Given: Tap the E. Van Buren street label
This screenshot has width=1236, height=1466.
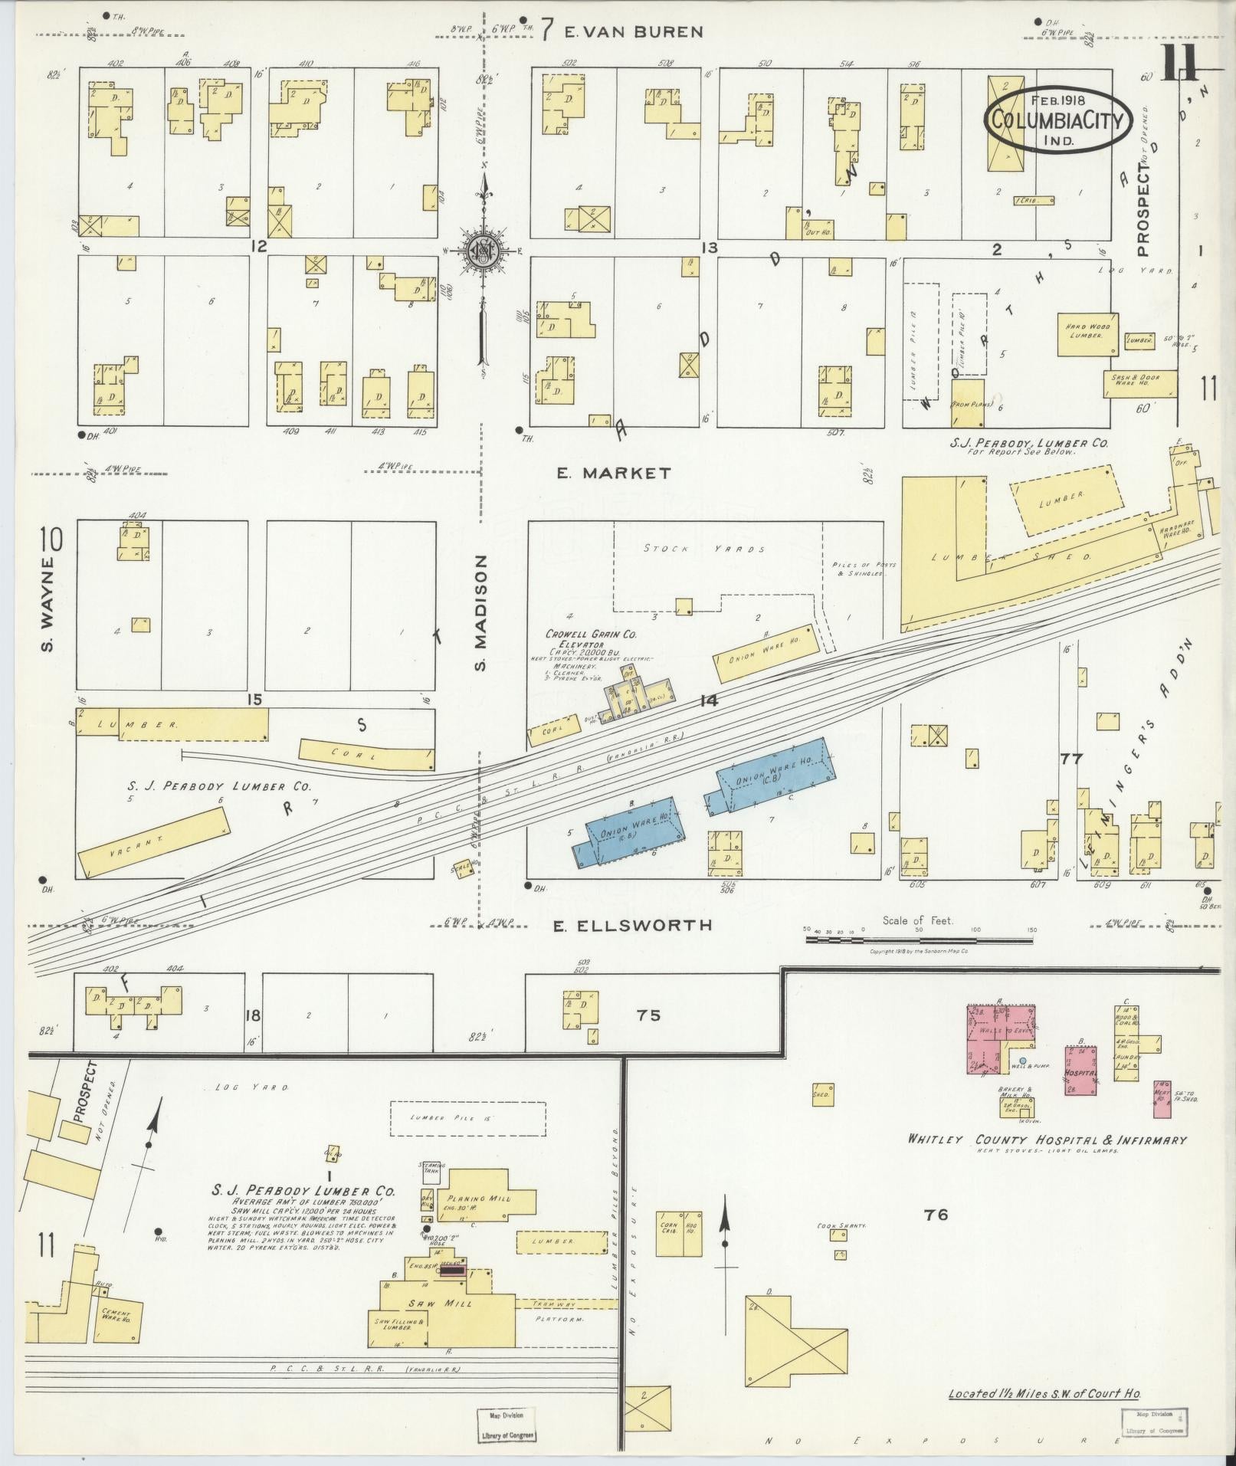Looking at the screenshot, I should pyautogui.click(x=633, y=31).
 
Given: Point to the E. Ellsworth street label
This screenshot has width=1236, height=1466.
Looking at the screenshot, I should pyautogui.click(x=633, y=925).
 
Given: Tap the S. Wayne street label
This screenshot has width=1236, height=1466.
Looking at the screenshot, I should pyautogui.click(x=48, y=605).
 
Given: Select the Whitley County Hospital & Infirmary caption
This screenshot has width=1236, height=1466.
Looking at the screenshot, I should pyautogui.click(x=1046, y=1140).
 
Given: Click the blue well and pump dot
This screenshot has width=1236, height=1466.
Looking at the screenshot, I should pyautogui.click(x=1022, y=1060).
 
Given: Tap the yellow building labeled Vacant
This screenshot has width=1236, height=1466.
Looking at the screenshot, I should pyautogui.click(x=153, y=843).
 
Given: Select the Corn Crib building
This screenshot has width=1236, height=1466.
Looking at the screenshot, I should pyautogui.click(x=669, y=1234).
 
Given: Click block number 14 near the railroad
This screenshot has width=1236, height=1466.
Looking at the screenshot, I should pyautogui.click(x=709, y=700).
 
